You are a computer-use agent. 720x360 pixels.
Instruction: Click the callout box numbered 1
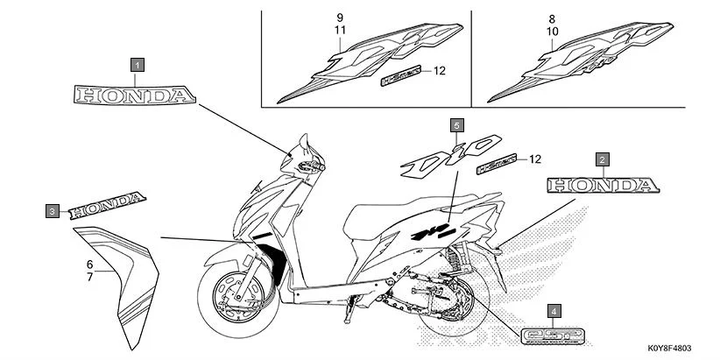point(138,63)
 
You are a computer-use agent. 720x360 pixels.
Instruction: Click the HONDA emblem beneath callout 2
point(599,185)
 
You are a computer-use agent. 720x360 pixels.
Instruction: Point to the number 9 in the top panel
point(341,18)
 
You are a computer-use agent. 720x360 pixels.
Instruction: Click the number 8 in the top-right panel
point(552,18)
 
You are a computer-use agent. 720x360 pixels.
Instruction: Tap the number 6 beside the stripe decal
point(89,264)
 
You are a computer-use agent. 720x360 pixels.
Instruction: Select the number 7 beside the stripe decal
point(89,277)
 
